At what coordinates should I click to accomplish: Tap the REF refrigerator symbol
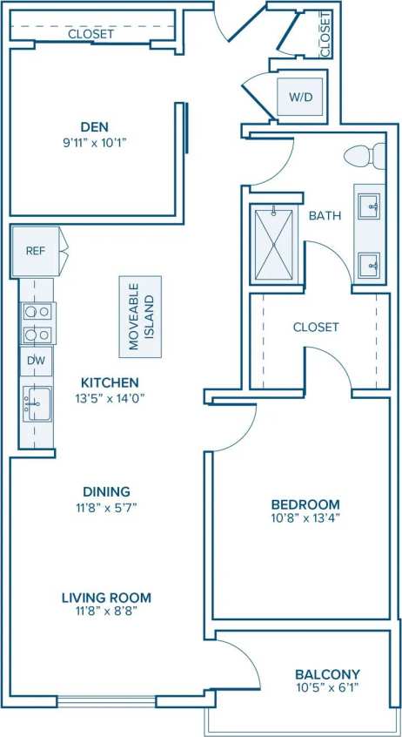tap(36, 251)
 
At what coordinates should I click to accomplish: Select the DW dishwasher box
tap(37, 361)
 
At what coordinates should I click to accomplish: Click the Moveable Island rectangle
tap(140, 316)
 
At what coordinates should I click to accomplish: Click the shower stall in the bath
tap(274, 243)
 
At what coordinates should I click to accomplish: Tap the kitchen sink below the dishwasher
tap(37, 404)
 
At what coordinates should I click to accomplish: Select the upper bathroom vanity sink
tap(369, 206)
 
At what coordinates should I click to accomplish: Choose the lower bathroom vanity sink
tap(369, 263)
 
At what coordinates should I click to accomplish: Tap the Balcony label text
tap(327, 674)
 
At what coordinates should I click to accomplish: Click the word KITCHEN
tap(110, 382)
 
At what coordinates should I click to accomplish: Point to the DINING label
tap(108, 491)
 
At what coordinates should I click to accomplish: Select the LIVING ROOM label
tap(106, 598)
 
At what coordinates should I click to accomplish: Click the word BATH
tap(325, 215)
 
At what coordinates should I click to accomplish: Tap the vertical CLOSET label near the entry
tap(325, 35)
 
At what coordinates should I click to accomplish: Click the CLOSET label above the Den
tap(90, 34)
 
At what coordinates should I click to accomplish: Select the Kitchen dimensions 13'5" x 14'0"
tap(110, 398)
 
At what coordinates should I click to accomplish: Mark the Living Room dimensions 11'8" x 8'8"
tap(106, 613)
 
